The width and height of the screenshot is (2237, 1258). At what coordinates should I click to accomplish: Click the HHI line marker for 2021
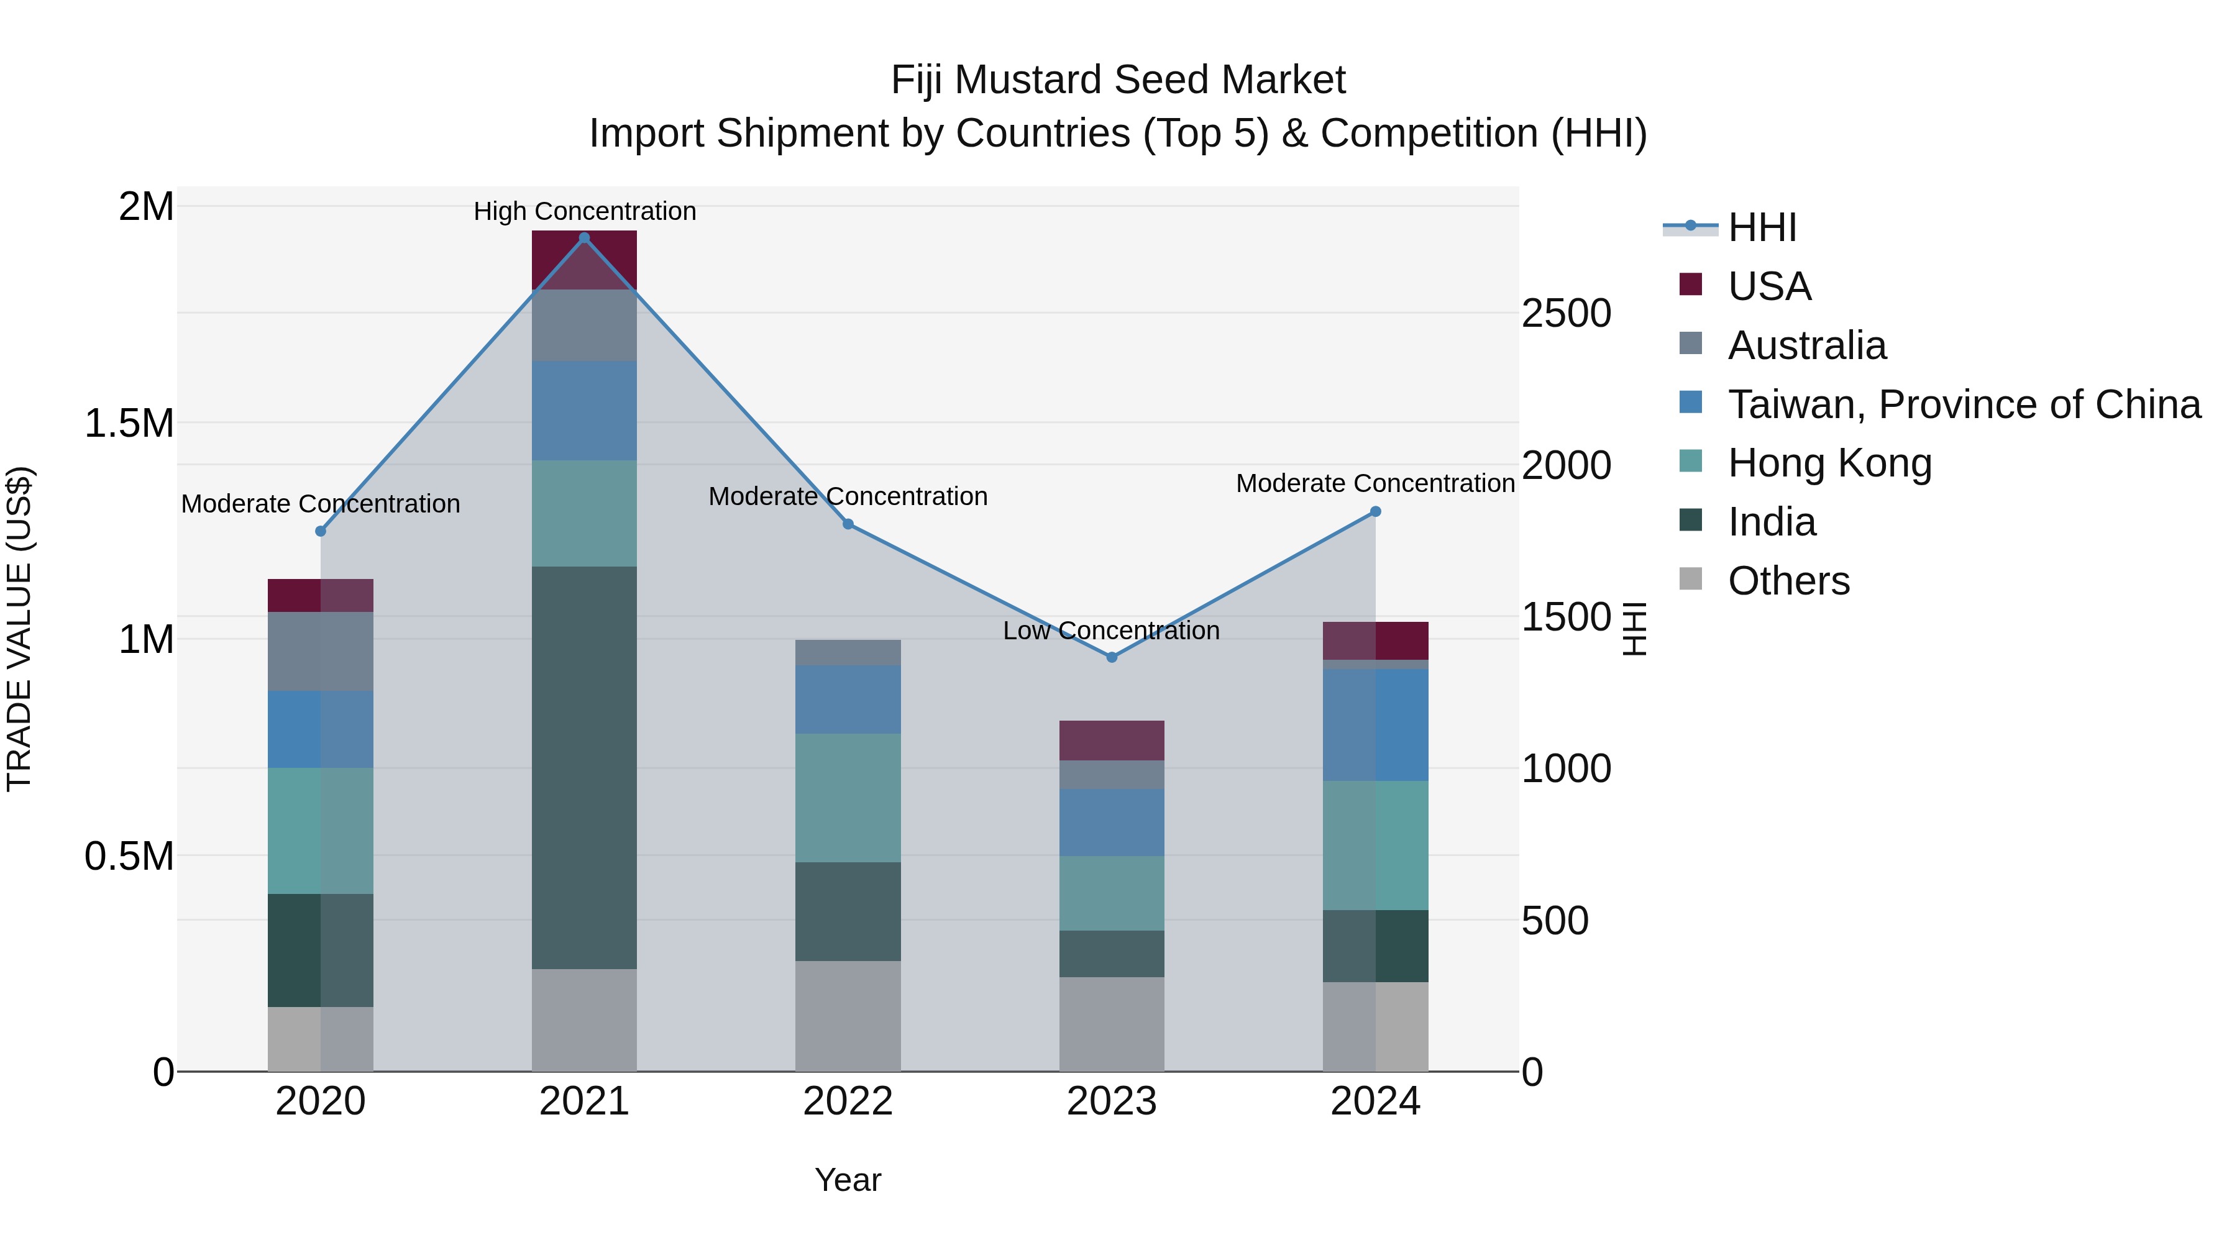click(x=585, y=238)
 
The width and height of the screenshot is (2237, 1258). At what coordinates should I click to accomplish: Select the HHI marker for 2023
click(x=1112, y=657)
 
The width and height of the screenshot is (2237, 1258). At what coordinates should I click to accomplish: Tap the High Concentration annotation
click(x=585, y=211)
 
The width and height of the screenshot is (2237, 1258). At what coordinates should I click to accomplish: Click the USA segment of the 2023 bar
click(x=1112, y=741)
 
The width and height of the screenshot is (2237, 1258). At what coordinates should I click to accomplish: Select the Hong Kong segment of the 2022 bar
click(x=848, y=798)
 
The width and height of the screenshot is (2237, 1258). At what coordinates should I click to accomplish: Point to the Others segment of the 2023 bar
click(x=1112, y=1024)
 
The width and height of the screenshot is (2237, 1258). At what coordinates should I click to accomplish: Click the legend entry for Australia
click(x=1806, y=345)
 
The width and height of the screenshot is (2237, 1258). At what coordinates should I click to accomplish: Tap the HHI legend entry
click(x=1761, y=227)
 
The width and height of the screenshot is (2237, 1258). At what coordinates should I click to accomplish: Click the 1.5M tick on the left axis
click(x=129, y=424)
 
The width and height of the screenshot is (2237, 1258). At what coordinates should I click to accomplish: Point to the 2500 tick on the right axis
click(x=1566, y=314)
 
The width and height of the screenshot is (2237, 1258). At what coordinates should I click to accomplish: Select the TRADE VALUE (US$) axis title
click(x=19, y=629)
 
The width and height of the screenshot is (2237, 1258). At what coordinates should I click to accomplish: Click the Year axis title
click(x=848, y=1180)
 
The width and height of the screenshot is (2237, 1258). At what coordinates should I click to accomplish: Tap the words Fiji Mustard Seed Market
click(x=1118, y=80)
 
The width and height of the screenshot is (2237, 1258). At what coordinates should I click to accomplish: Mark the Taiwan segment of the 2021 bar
click(x=585, y=411)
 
